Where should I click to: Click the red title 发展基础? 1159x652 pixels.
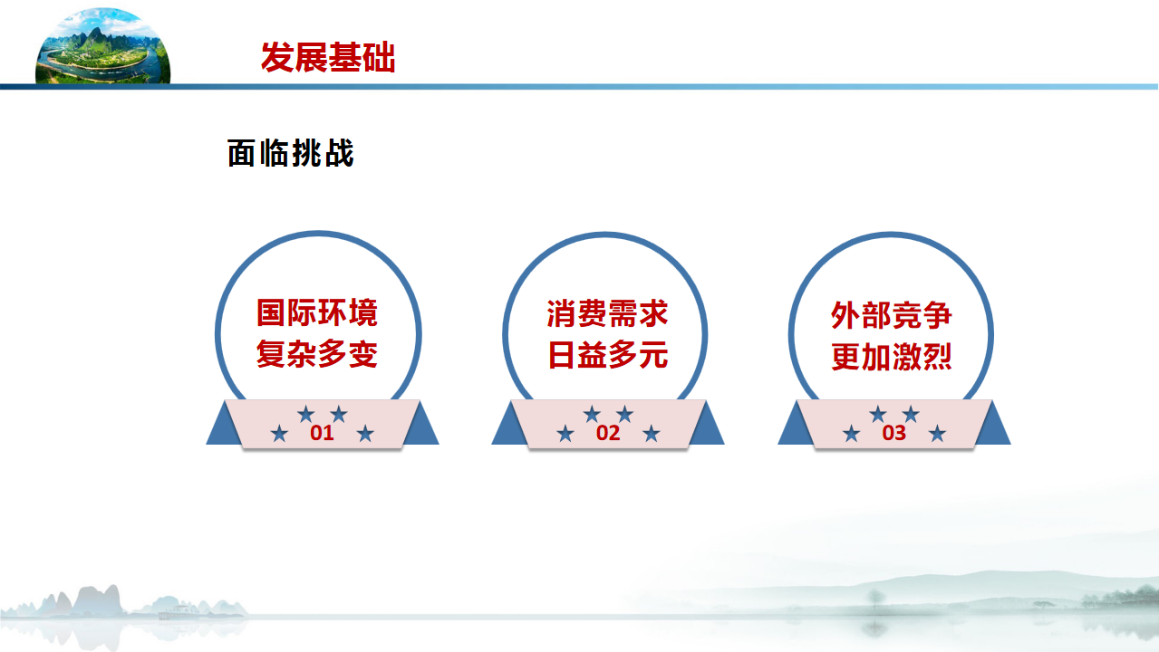pyautogui.click(x=328, y=57)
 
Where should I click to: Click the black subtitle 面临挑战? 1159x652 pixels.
pyautogui.click(x=291, y=153)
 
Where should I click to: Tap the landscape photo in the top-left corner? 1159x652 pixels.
pyautogui.click(x=103, y=45)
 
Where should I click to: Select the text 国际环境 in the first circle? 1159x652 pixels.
pyautogui.click(x=317, y=312)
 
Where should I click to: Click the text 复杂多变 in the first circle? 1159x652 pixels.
pyautogui.click(x=317, y=354)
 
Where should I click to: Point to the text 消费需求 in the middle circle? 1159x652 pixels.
pyautogui.click(x=607, y=313)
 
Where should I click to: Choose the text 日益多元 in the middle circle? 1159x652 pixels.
pyautogui.click(x=607, y=355)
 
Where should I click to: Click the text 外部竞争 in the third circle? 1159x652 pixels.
pyautogui.click(x=892, y=315)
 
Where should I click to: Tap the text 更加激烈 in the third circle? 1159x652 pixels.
pyautogui.click(x=892, y=357)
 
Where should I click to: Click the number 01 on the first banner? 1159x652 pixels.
pyautogui.click(x=322, y=433)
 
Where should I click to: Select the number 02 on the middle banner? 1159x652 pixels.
pyautogui.click(x=608, y=433)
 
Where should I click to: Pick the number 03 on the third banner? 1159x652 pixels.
pyautogui.click(x=894, y=433)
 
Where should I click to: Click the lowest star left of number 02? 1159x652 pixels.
pyautogui.click(x=565, y=433)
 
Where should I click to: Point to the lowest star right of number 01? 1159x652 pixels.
pyautogui.click(x=365, y=433)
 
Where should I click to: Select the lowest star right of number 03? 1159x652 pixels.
pyautogui.click(x=937, y=433)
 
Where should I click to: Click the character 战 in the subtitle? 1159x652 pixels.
pyautogui.click(x=340, y=153)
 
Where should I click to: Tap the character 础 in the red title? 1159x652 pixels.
pyautogui.click(x=380, y=57)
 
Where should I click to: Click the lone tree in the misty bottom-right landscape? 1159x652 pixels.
pyautogui.click(x=875, y=599)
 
